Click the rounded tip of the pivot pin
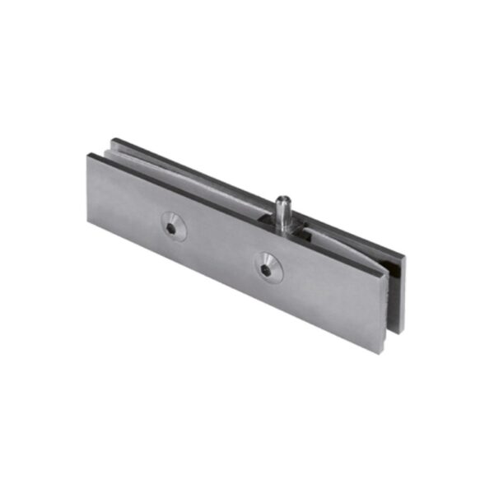point(282,198)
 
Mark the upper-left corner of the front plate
point(88,155)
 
